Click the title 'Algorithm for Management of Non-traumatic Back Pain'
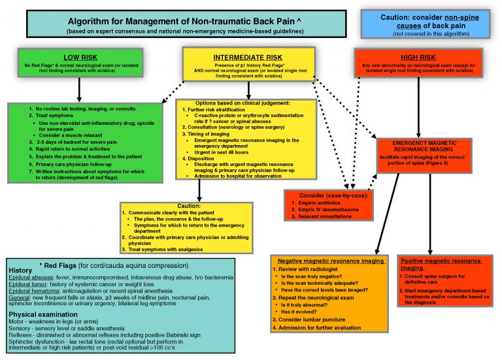179,20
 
